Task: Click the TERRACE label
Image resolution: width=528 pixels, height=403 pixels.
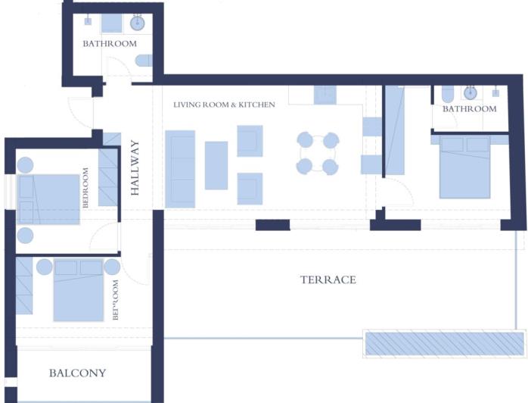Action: click(x=328, y=280)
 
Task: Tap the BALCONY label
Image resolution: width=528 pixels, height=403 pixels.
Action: click(x=77, y=373)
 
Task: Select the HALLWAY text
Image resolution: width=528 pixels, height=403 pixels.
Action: click(x=135, y=168)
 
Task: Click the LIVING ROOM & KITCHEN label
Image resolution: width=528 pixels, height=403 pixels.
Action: click(x=224, y=105)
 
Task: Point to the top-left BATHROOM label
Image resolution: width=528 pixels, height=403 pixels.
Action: click(x=110, y=44)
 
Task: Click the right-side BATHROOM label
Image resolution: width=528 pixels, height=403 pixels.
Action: click(x=469, y=109)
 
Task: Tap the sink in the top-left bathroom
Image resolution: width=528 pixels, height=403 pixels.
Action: click(x=138, y=23)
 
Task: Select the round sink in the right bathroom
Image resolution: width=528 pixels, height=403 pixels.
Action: click(x=471, y=92)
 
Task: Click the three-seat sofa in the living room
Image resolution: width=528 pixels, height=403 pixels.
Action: click(x=180, y=168)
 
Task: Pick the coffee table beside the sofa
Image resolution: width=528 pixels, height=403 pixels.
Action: click(x=216, y=165)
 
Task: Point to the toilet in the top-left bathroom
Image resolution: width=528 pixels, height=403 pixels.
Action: click(x=144, y=61)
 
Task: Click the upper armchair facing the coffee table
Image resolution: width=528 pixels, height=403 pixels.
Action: click(x=250, y=140)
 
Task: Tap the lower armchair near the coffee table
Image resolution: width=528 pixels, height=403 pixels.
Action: click(x=250, y=188)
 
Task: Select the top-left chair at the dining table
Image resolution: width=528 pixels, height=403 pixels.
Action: click(x=305, y=140)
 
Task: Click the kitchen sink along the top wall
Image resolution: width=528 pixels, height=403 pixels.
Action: click(x=325, y=95)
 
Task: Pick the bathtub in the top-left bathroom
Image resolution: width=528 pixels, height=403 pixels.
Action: click(x=112, y=23)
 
